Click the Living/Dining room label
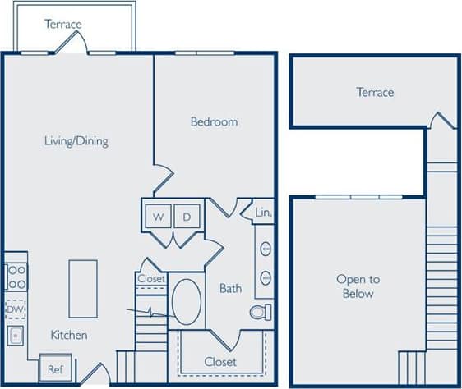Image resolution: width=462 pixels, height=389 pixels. click(x=76, y=140)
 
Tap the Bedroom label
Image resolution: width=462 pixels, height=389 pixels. click(x=214, y=121)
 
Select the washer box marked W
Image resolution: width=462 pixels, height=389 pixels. click(x=157, y=217)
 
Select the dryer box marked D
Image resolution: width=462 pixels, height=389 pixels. click(x=187, y=217)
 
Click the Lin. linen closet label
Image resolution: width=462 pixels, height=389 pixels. click(x=263, y=212)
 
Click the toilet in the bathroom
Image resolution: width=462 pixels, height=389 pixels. click(x=262, y=313)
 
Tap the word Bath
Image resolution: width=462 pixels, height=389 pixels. click(x=230, y=288)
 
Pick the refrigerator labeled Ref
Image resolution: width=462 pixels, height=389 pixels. click(x=55, y=370)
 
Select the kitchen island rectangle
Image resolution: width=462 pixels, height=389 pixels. click(x=83, y=288)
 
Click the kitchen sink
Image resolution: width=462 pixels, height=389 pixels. click(x=16, y=336)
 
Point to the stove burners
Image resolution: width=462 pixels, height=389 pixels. click(x=16, y=276)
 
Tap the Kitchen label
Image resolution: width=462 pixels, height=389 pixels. click(x=69, y=335)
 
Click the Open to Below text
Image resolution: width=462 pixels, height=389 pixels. click(x=355, y=286)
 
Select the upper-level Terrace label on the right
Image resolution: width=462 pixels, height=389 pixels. click(x=375, y=92)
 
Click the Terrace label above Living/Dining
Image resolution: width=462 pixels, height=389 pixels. click(x=63, y=24)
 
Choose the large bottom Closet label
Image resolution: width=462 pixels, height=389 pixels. click(x=219, y=362)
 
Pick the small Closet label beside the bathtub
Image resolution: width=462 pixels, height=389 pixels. click(x=151, y=279)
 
